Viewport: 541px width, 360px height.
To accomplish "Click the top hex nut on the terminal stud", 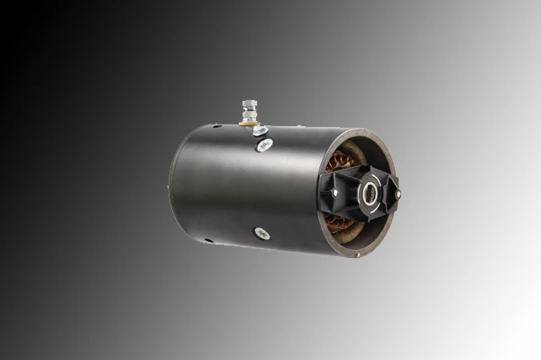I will tap(248, 106).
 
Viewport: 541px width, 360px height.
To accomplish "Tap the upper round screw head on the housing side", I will tap(265, 143).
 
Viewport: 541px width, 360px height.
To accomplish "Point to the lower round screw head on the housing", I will tap(261, 233).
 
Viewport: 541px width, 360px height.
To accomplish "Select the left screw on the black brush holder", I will tap(336, 189).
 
